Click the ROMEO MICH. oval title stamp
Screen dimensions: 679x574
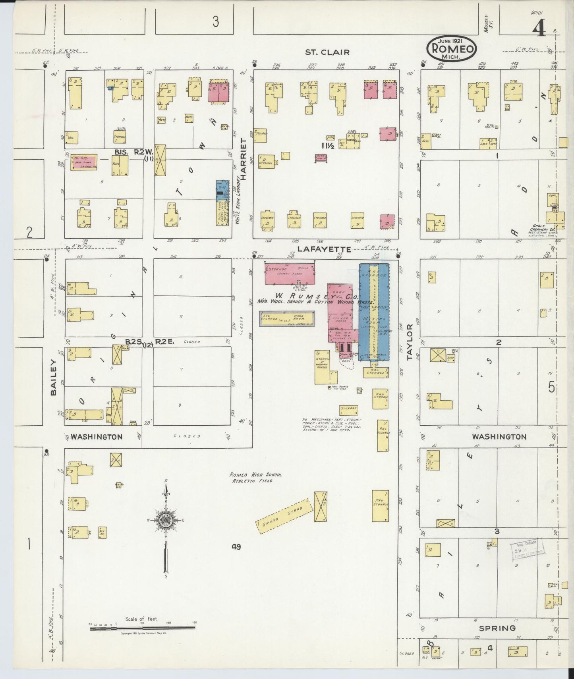point(451,49)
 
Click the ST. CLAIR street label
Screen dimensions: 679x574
point(327,52)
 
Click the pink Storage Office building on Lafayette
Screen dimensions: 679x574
point(290,273)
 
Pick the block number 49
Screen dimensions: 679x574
point(237,547)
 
